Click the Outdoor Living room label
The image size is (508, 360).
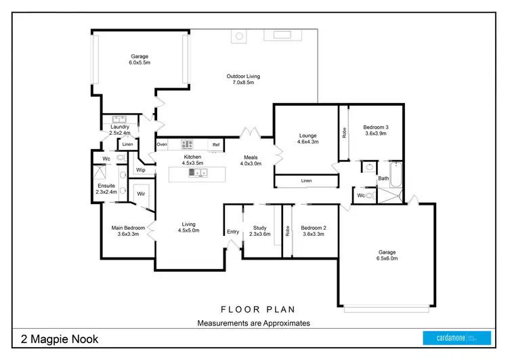(243, 77)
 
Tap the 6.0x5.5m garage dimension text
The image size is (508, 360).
(139, 62)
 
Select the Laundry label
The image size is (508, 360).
(120, 127)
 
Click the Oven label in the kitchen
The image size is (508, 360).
(161, 144)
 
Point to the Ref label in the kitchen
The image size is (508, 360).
(216, 144)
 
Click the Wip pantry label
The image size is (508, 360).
(141, 170)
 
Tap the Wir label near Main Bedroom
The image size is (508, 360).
(141, 194)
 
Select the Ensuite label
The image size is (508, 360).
(106, 185)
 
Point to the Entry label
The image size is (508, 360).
(233, 232)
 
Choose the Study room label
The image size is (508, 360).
(260, 228)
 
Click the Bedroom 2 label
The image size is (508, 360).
(314, 228)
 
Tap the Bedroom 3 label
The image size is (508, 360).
(375, 127)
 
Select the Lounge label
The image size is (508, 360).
(309, 135)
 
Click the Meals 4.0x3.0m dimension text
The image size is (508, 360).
(251, 163)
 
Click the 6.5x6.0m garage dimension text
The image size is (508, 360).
(387, 258)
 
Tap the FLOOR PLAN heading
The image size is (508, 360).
(253, 308)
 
